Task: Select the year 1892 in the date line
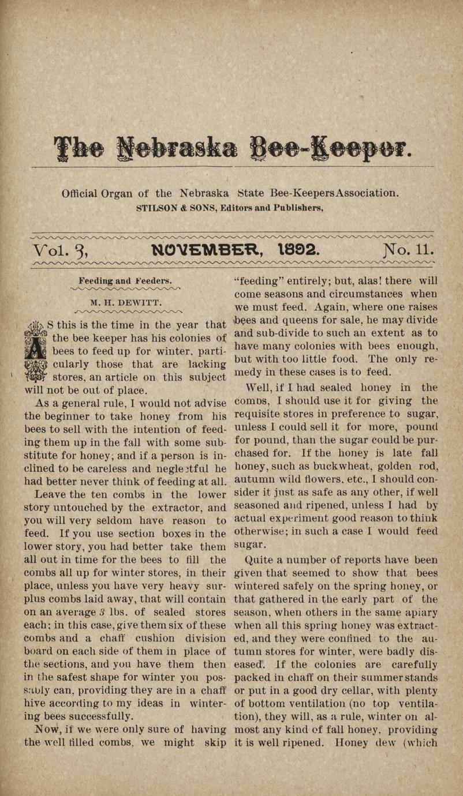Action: tap(298, 250)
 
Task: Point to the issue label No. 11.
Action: tap(408, 250)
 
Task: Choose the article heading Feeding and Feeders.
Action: tap(124, 281)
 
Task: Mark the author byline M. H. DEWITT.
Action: tap(125, 302)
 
